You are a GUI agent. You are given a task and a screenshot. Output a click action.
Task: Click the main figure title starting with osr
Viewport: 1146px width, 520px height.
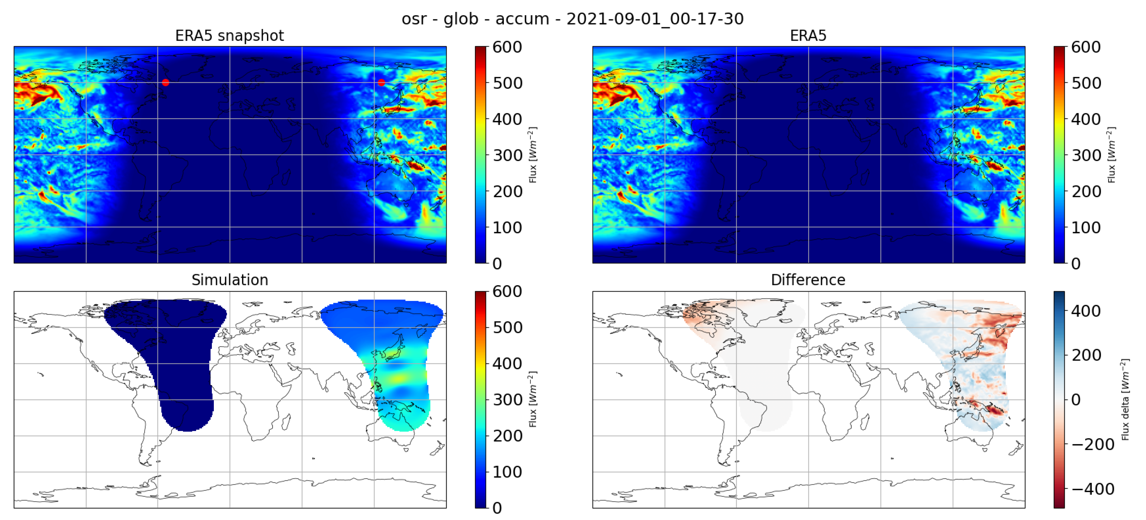tap(573, 19)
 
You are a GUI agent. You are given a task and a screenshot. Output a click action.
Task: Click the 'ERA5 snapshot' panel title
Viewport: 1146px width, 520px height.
tap(229, 36)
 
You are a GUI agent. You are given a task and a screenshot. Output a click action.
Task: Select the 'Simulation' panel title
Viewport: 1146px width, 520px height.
tap(229, 280)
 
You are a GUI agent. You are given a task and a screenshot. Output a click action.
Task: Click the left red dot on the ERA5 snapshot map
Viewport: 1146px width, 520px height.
tap(165, 82)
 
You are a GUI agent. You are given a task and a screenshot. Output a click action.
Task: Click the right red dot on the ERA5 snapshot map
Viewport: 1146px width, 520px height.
tap(381, 82)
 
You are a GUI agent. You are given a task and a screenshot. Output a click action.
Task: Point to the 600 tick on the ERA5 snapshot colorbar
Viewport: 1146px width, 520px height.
tap(507, 47)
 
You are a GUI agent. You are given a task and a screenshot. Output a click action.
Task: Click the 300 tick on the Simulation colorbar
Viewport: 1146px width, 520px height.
tap(507, 400)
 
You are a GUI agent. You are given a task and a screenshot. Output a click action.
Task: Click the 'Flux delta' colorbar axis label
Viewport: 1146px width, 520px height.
tap(1125, 400)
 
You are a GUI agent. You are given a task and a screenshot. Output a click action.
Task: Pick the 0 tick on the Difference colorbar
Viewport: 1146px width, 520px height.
tap(1076, 400)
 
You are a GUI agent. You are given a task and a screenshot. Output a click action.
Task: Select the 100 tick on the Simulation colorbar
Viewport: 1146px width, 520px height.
tap(507, 472)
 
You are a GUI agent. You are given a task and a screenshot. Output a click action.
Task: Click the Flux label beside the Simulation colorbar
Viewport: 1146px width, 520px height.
tap(532, 400)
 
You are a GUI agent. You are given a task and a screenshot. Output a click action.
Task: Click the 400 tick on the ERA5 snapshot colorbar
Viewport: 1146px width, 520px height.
tap(507, 119)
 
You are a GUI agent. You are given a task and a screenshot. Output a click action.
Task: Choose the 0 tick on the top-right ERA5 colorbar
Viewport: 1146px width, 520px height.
tap(1076, 263)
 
